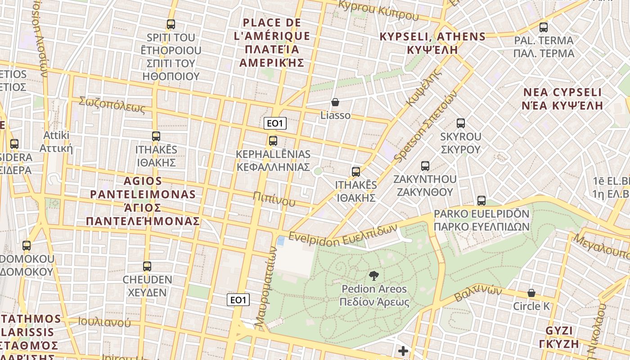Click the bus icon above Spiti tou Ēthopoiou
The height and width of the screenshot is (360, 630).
click(171, 24)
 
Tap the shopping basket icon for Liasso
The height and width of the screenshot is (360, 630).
click(335, 102)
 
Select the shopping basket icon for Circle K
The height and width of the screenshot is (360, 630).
click(531, 293)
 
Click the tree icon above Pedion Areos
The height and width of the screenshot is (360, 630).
click(373, 276)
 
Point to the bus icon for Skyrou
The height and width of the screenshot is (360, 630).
click(460, 123)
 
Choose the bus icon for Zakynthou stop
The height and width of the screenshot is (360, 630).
click(425, 166)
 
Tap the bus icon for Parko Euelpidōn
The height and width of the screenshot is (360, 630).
click(481, 201)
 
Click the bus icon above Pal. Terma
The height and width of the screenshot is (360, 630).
click(544, 27)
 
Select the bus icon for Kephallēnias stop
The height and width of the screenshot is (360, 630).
click(273, 141)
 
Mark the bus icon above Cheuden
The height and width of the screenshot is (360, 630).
click(147, 266)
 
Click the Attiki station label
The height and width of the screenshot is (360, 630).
click(56, 142)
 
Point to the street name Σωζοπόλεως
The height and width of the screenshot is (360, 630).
click(112, 104)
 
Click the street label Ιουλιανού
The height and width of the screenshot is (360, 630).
click(104, 322)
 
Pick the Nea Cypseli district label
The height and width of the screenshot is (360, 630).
click(562, 99)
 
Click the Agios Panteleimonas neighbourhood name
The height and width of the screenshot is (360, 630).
click(143, 201)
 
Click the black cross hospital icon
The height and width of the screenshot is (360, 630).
click(403, 351)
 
